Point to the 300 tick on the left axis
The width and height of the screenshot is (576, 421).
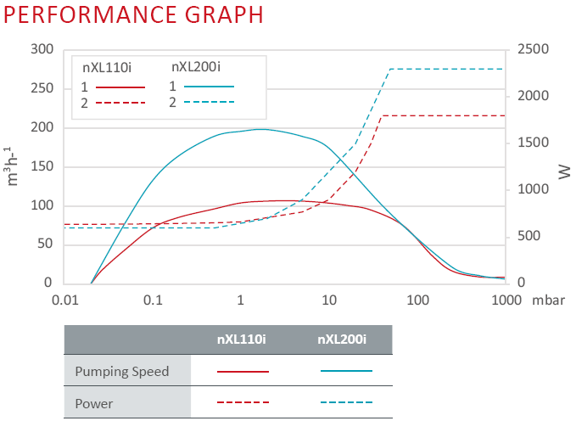point(40,49)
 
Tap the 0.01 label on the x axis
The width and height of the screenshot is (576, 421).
point(64,300)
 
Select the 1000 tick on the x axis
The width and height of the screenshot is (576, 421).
point(505,300)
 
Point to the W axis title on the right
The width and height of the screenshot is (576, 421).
point(562,172)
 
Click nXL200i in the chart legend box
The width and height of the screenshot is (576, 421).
point(196,66)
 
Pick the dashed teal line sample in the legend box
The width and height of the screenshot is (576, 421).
point(209,102)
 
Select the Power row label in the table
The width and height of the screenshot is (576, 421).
point(93,403)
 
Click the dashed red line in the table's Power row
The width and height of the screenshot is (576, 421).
point(243,402)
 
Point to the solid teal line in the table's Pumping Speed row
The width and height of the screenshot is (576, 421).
point(346,371)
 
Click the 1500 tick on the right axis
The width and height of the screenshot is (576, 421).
point(533,143)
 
